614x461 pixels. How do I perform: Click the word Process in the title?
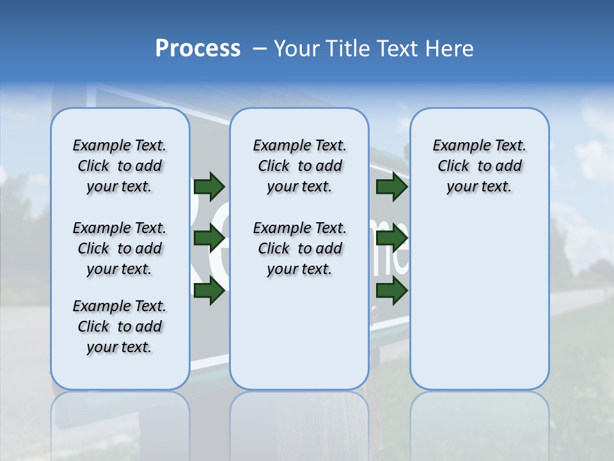198,49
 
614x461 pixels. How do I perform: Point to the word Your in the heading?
297,49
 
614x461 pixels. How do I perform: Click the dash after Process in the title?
259,49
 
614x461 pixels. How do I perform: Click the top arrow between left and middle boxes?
209,186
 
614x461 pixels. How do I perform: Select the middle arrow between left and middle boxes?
209,239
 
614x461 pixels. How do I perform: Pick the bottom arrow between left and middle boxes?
209,291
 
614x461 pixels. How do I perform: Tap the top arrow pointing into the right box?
391,186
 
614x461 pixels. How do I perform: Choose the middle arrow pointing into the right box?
391,239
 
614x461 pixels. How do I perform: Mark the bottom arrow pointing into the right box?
391,291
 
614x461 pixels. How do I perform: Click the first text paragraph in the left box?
120,166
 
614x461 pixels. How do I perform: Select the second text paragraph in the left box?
120,248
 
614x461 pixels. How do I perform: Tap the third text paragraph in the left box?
120,327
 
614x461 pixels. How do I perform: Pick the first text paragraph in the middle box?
299,166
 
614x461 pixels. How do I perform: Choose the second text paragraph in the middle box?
299,248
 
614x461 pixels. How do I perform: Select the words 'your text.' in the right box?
479,187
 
